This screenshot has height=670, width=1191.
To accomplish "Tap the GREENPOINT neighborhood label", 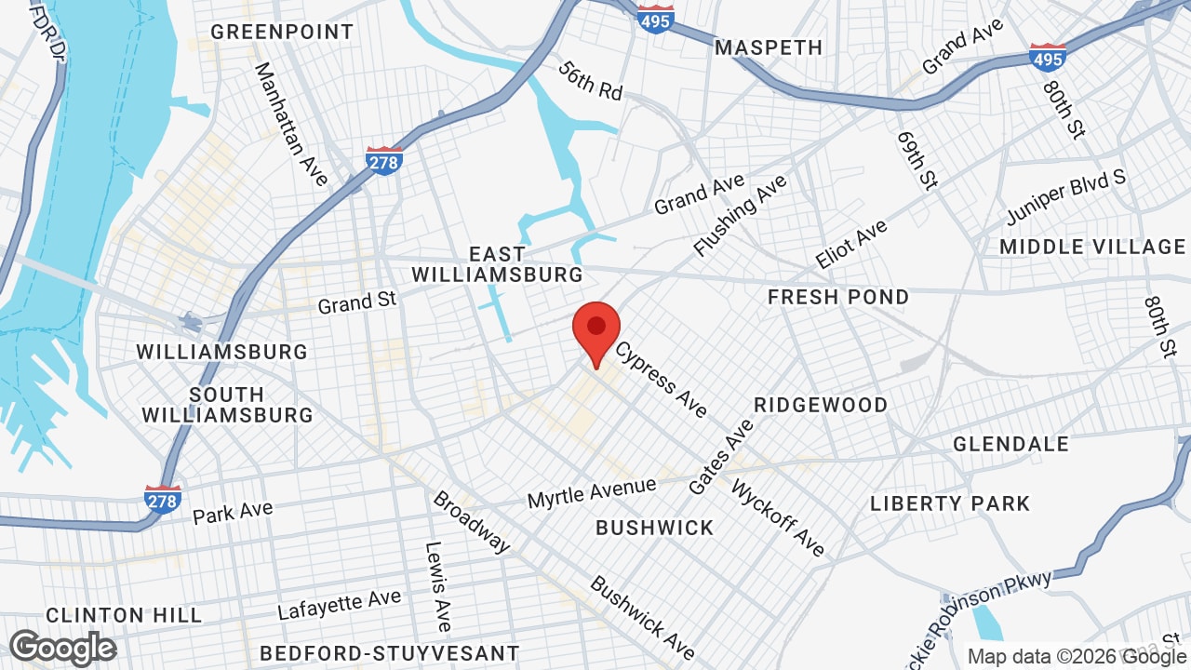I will tap(282, 32).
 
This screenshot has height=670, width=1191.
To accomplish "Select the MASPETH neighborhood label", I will tap(769, 47).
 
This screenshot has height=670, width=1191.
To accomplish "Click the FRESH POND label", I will tap(838, 297).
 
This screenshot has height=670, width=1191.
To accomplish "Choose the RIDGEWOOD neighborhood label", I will tap(821, 405).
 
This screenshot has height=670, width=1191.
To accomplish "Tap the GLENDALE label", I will tap(1010, 444).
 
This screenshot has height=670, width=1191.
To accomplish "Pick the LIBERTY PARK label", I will tap(950, 503).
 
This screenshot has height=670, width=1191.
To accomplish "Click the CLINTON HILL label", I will tap(124, 615).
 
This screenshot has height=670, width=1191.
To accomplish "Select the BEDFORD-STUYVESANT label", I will tap(389, 652).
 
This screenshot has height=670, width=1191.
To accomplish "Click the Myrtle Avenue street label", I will tap(592, 492).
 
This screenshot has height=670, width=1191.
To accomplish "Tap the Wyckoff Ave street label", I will tap(778, 517).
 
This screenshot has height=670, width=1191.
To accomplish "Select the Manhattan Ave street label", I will tap(291, 124).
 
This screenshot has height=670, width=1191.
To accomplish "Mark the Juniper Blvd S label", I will tap(1065, 197).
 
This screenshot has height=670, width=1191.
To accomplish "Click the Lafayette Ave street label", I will tap(340, 605).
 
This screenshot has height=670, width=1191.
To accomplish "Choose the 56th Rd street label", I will tap(591, 81).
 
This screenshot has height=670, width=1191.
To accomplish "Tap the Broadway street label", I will tap(471, 521).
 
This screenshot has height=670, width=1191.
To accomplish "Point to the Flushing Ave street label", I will tap(740, 215).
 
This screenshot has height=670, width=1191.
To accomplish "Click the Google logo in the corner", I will tap(63, 648).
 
